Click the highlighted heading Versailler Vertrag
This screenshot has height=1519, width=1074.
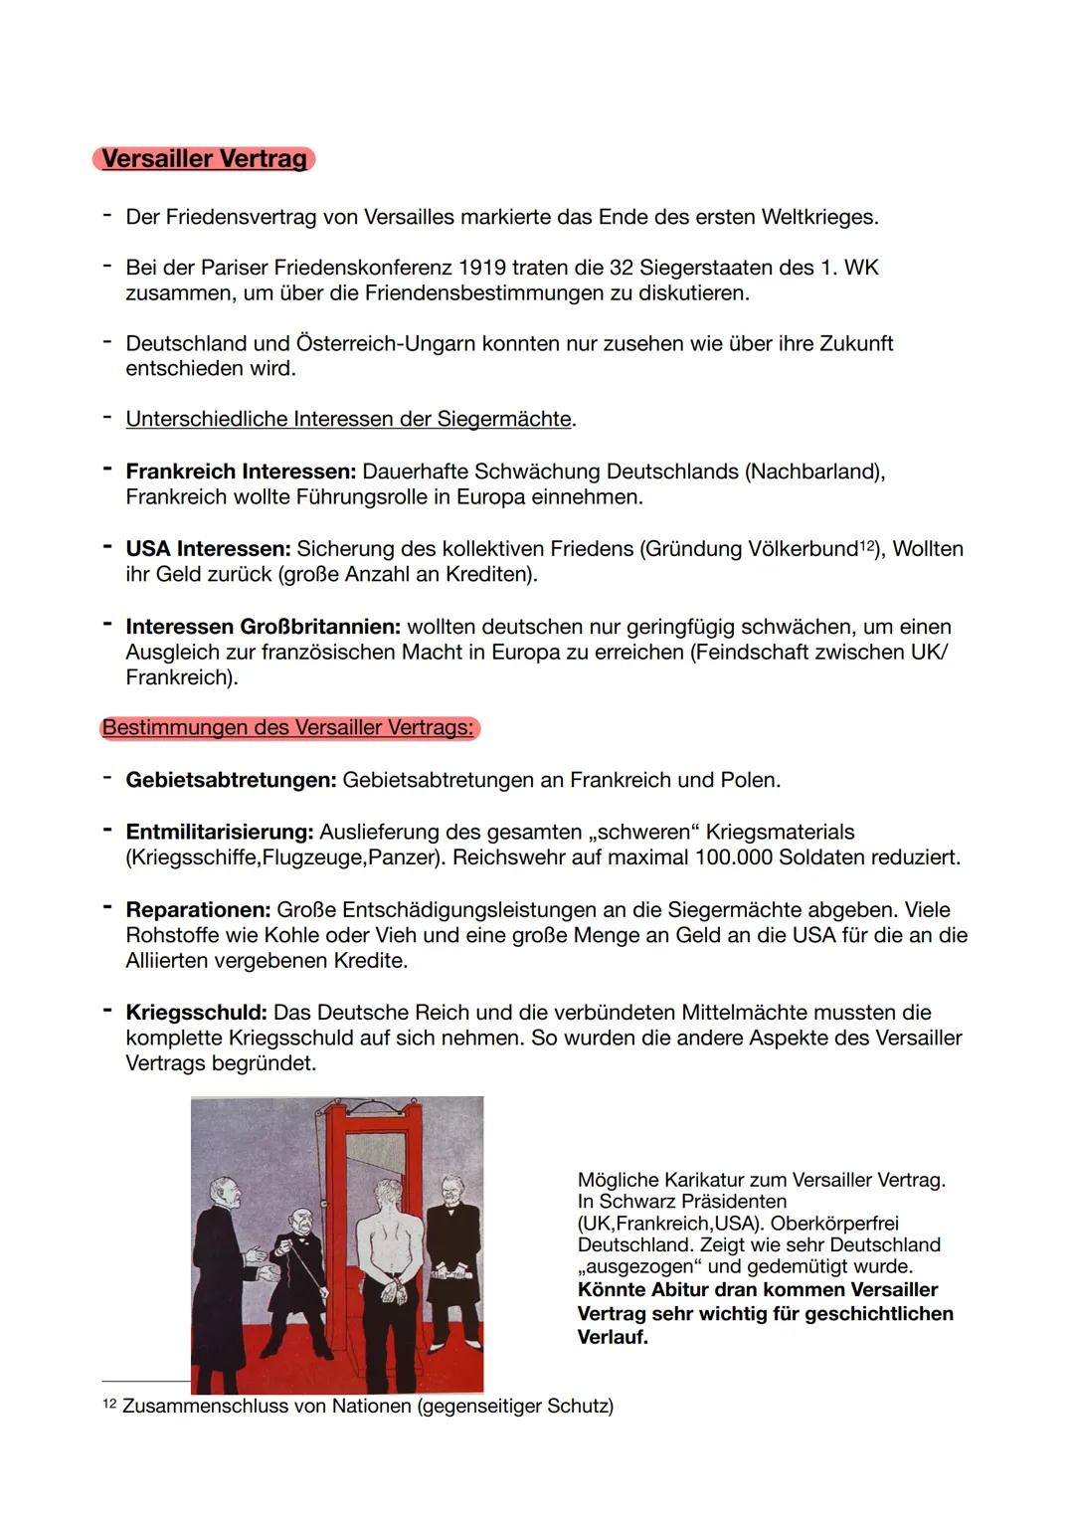[x=204, y=159]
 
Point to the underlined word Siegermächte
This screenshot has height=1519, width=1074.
[x=504, y=419]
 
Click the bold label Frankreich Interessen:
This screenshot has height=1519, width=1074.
[x=241, y=472]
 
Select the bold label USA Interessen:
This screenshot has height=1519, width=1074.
[x=208, y=549]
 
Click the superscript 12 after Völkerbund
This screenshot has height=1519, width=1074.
[x=867, y=544]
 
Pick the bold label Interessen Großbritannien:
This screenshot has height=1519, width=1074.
[x=263, y=627]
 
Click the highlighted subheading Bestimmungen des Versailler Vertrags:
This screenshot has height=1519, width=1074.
[x=288, y=728]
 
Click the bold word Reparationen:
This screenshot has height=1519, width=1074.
[x=198, y=910]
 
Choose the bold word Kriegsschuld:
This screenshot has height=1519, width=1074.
[x=196, y=1013]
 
